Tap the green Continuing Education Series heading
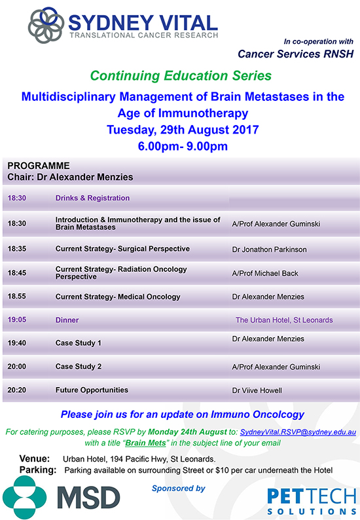181,75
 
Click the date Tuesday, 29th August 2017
183,130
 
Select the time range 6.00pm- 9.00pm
183,146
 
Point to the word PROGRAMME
39,166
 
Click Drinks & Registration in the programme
92,198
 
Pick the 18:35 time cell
17,249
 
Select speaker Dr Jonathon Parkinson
269,250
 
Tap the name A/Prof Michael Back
265,273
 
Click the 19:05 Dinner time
17,320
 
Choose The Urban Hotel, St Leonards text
284,320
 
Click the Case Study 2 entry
79,367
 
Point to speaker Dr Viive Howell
257,390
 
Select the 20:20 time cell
17,390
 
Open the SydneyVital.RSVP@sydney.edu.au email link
298,432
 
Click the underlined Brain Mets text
145,443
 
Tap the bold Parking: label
38,470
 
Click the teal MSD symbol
24,497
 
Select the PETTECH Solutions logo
312,502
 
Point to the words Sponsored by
178,489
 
